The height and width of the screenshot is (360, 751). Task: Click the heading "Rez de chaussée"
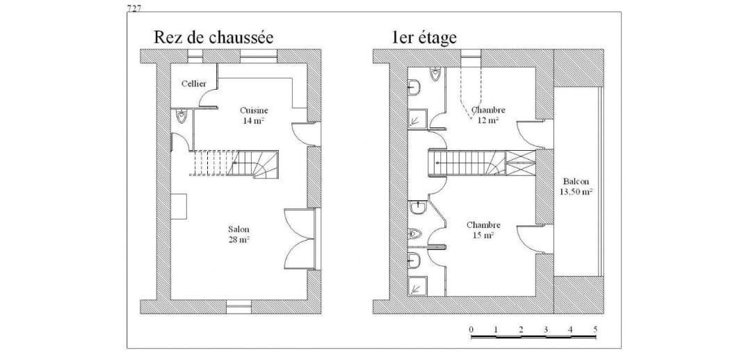point(213,38)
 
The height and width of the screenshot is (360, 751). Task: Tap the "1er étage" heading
point(424,38)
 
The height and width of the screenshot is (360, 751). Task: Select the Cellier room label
point(194,84)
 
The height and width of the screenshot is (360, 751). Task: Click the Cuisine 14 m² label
point(254,115)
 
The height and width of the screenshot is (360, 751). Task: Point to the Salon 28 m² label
point(239,234)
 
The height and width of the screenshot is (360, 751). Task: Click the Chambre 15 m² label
point(483,230)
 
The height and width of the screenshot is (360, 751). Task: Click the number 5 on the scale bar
point(595,329)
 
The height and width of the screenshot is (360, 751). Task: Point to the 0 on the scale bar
point(471,329)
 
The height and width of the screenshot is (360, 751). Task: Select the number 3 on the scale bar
point(546,329)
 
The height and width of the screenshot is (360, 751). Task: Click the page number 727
point(134,8)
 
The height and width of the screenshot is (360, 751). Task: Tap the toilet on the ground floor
point(181,116)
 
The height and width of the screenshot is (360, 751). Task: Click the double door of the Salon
point(299,238)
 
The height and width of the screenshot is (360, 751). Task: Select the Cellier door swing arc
point(208,98)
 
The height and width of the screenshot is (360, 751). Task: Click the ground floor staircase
point(235,163)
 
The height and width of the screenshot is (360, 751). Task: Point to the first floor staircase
point(467,163)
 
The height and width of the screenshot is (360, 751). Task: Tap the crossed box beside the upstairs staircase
point(521,163)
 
